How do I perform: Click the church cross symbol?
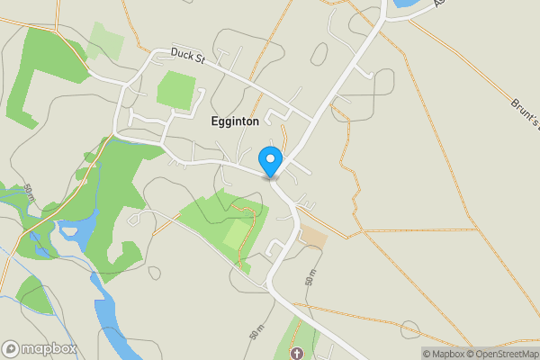point(297,353)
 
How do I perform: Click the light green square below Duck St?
point(176,90)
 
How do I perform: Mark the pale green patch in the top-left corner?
point(105,40)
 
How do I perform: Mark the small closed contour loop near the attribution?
point(410,329)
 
